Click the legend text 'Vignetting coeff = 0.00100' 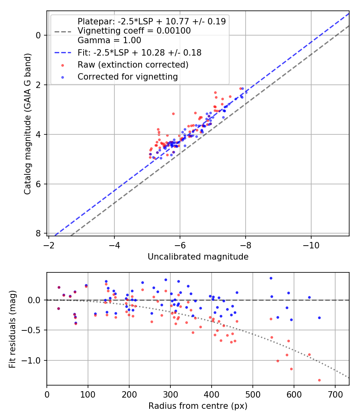coord(134,31)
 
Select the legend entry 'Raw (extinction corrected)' coord(133,64)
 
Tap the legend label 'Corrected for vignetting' coord(128,76)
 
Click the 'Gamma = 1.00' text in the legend coord(109,40)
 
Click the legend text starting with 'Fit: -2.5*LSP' coord(139,52)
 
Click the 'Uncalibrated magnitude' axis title coord(198,257)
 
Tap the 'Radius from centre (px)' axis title coord(198,406)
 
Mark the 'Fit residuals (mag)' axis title coord(12,329)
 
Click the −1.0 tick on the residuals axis coord(34,361)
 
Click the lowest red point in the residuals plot coord(319,380)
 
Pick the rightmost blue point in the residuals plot coord(319,318)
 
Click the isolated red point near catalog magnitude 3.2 coord(173,114)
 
